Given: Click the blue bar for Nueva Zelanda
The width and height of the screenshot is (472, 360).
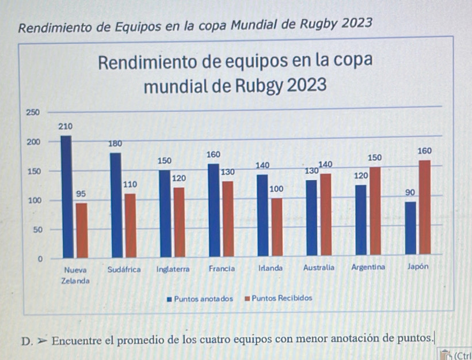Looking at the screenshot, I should [66, 196].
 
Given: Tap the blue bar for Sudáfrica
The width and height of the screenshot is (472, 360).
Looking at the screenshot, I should [116, 204].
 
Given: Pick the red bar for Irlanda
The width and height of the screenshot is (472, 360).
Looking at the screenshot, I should [277, 227].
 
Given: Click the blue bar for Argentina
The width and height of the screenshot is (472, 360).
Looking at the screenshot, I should [361, 220].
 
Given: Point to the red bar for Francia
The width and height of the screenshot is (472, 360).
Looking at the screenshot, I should [229, 218].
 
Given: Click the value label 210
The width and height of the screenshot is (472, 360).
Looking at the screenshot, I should [66, 126].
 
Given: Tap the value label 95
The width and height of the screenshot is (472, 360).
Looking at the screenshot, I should [81, 194].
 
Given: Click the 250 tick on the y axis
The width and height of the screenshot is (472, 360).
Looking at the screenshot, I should [33, 111].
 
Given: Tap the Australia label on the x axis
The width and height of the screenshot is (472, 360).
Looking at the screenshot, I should [319, 268].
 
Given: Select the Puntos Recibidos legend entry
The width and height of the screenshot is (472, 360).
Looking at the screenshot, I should [279, 298].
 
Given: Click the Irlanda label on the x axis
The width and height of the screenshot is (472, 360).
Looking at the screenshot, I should [270, 268].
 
